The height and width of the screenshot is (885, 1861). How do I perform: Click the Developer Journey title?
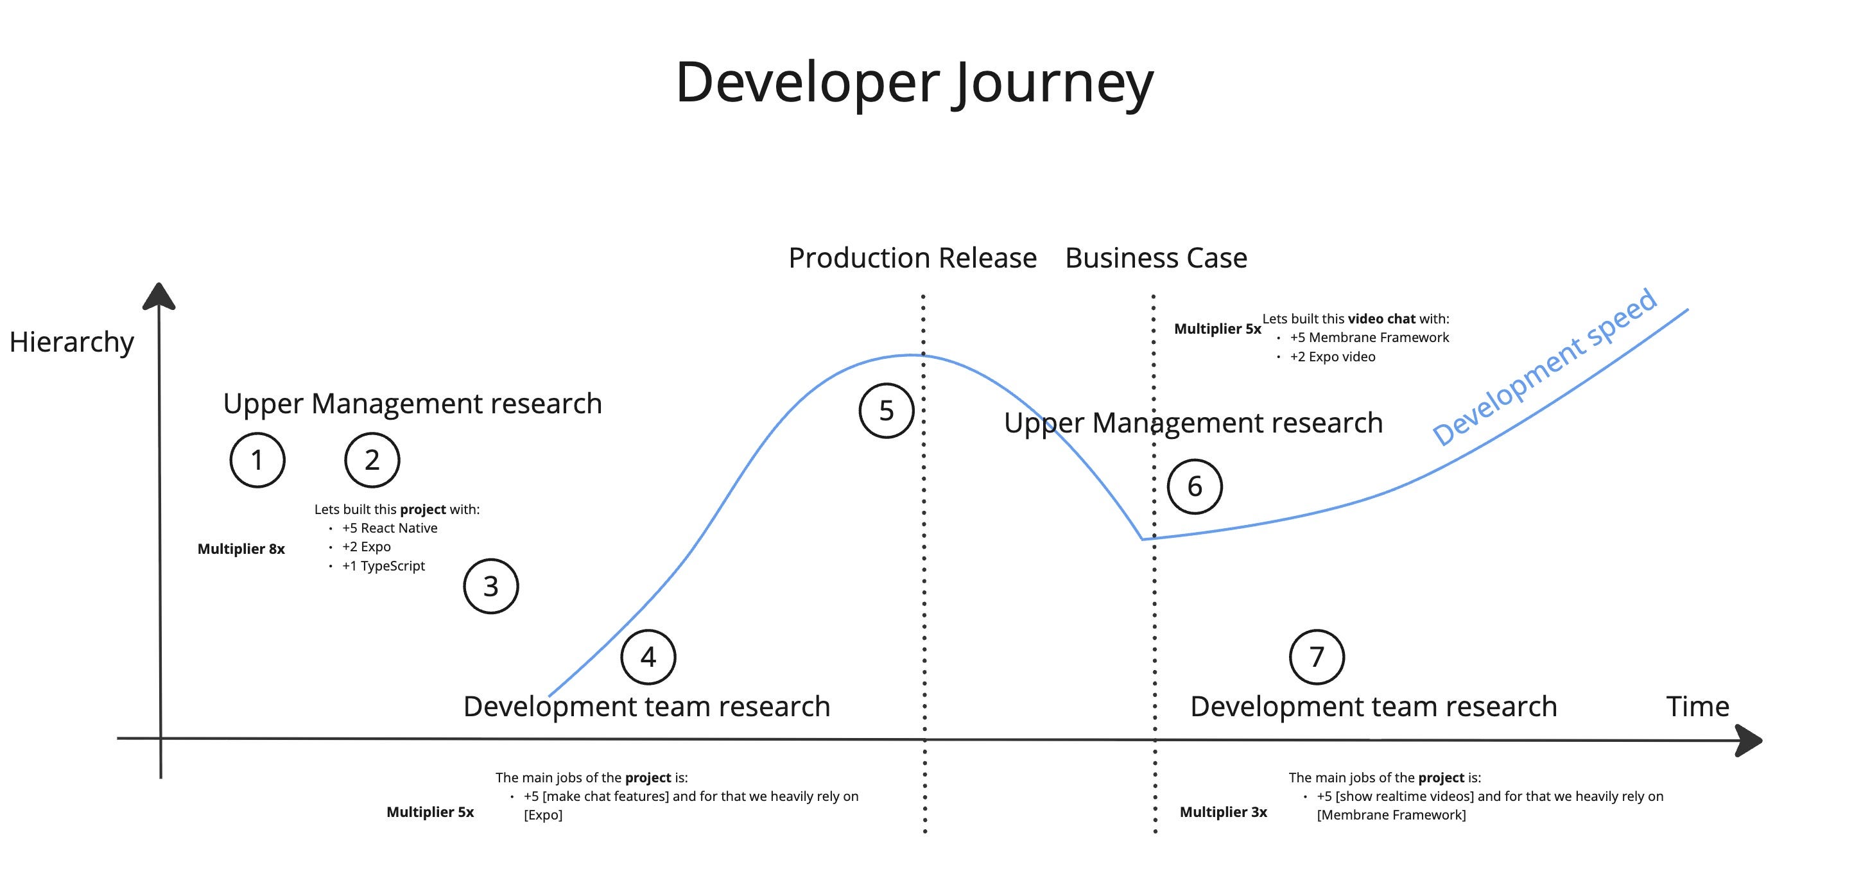pos(914,82)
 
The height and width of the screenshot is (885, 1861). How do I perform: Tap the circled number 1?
pos(257,460)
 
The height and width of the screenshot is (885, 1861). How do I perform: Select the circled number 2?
pos(372,460)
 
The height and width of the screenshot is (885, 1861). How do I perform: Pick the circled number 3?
pos(490,586)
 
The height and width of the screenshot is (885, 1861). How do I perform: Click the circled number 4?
pos(648,657)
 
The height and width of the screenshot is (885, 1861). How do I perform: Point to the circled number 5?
pos(887,410)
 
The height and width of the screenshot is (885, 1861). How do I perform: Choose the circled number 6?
pos(1195,486)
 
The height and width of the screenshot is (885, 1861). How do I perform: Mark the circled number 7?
pos(1316,657)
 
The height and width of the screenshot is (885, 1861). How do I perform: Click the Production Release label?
pos(912,258)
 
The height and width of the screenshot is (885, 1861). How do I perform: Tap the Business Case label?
pos(1156,258)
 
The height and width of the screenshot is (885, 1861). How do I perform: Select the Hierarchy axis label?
pos(71,341)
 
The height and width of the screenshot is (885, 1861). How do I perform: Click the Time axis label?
pos(1697,706)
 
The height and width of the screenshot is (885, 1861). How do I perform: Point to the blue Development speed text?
pos(1545,367)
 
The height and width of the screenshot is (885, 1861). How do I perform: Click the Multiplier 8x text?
pos(241,549)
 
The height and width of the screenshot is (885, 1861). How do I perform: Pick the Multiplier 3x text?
pos(1223,812)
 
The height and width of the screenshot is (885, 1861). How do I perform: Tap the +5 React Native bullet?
pos(390,528)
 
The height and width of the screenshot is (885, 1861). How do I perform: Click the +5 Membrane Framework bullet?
pos(1369,338)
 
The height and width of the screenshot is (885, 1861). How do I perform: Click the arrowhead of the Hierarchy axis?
pos(159,296)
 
